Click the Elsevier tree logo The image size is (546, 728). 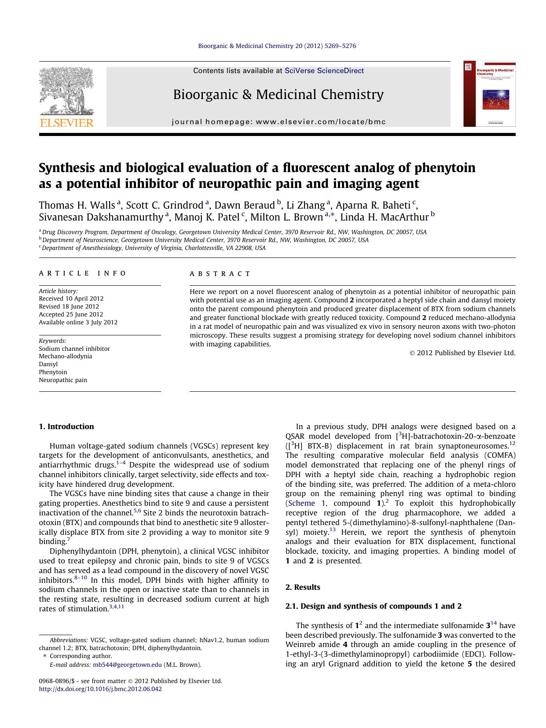pyautogui.click(x=66, y=91)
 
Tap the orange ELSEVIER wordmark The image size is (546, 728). pyautogui.click(x=66, y=123)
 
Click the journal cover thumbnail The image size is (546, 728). pyautogui.click(x=489, y=94)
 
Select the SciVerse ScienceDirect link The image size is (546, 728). pyautogui.click(x=324, y=70)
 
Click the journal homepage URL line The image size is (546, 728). pyautogui.click(x=278, y=122)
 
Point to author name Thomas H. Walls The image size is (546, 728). pyautogui.click(x=77, y=205)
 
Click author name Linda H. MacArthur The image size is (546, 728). pyautogui.click(x=384, y=217)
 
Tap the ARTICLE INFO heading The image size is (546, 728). pyautogui.click(x=82, y=273)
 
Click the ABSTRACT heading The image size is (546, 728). pyautogui.click(x=220, y=274)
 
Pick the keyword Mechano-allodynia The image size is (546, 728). pyautogui.click(x=65, y=356)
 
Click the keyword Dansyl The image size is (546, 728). pyautogui.click(x=48, y=364)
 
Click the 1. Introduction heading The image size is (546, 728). pyautogui.click(x=66, y=427)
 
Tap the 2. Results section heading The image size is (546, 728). pyautogui.click(x=303, y=587)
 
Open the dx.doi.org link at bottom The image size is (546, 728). pyautogui.click(x=100, y=689)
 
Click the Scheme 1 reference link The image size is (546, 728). pyautogui.click(x=306, y=503)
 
